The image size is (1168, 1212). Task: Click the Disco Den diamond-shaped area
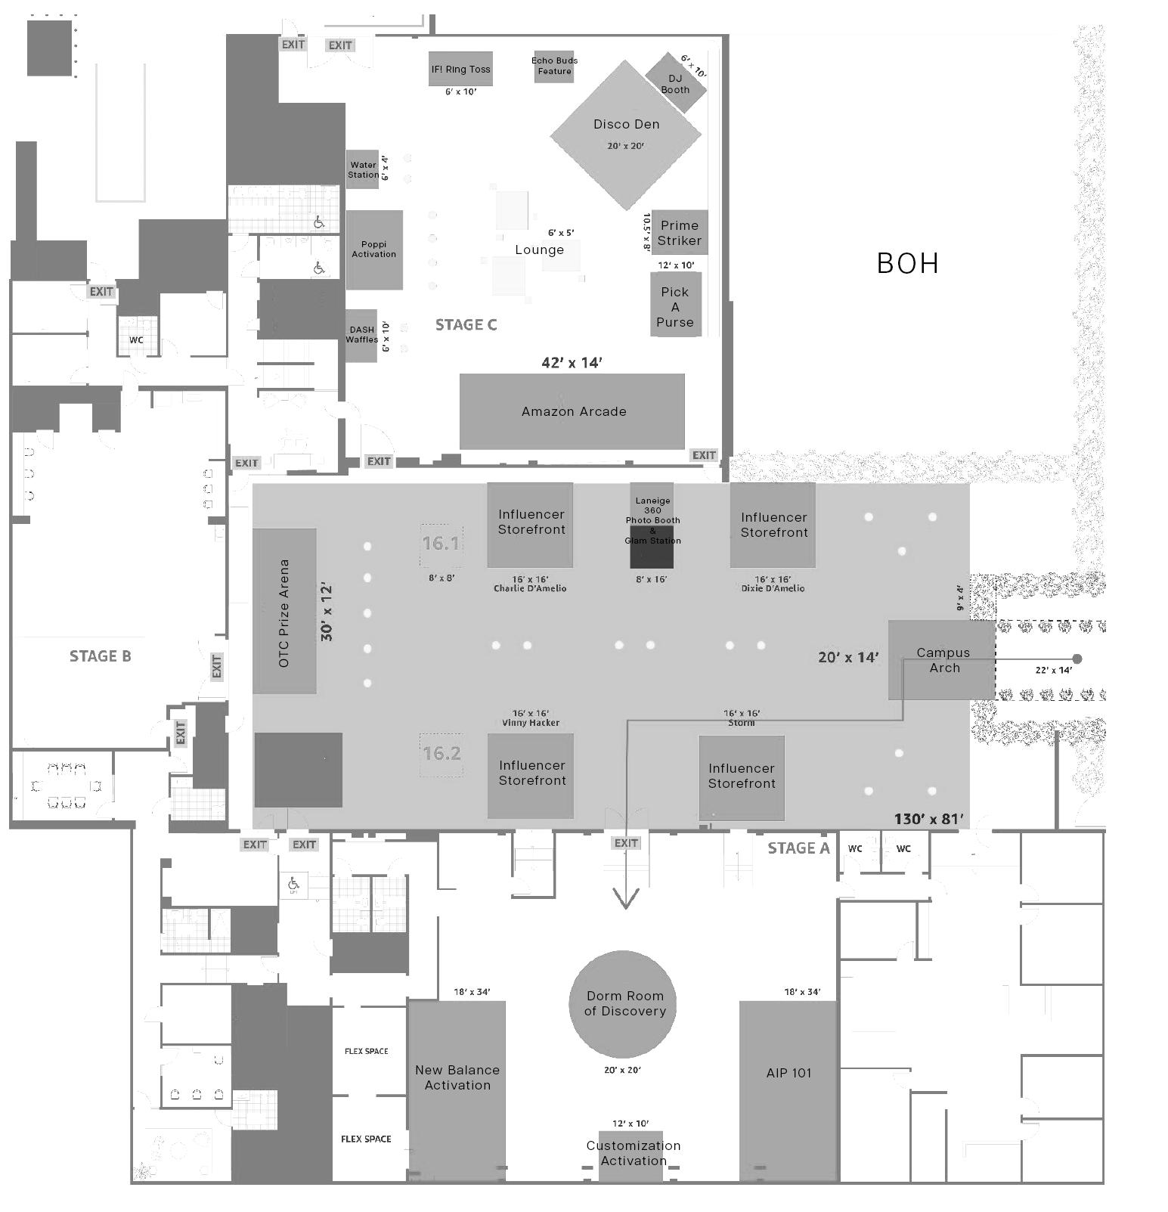pyautogui.click(x=626, y=135)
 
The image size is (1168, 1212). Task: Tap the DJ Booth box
pyautogui.click(x=676, y=83)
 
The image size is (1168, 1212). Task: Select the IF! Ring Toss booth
pyautogui.click(x=460, y=69)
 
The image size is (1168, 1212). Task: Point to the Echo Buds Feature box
pyautogui.click(x=554, y=67)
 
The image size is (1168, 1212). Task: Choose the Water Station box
pyautogui.click(x=363, y=169)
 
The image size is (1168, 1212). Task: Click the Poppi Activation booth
pyautogui.click(x=374, y=250)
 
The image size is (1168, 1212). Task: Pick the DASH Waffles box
pyautogui.click(x=362, y=335)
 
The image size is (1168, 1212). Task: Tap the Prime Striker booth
pyautogui.click(x=680, y=233)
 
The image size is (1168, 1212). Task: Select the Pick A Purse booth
pyautogui.click(x=675, y=305)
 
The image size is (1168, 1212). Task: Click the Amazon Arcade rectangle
pyautogui.click(x=572, y=411)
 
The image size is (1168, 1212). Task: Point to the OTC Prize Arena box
pyautogui.click(x=284, y=611)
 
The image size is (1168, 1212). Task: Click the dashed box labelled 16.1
pyautogui.click(x=441, y=544)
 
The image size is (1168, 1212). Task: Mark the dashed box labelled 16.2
pyautogui.click(x=441, y=753)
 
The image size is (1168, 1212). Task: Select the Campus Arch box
pyautogui.click(x=941, y=660)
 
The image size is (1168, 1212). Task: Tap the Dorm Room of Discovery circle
pyautogui.click(x=622, y=1004)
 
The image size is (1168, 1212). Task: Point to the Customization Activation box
pyautogui.click(x=633, y=1154)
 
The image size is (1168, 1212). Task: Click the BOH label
pyautogui.click(x=907, y=263)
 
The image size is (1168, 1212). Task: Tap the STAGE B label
pyautogui.click(x=101, y=656)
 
